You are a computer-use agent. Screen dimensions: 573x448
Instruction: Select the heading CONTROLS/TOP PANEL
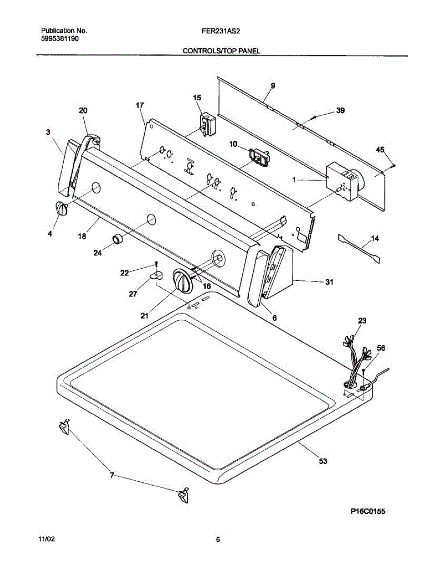[221, 51]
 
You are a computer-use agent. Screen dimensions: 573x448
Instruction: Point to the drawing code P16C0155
[367, 511]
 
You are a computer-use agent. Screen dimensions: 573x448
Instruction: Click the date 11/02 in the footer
[46, 540]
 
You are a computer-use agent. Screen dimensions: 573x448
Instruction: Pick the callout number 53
[324, 461]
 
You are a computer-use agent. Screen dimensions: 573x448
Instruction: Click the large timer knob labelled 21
[182, 280]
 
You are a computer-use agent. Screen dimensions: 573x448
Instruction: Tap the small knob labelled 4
[60, 209]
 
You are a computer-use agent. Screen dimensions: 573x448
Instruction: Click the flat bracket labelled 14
[360, 248]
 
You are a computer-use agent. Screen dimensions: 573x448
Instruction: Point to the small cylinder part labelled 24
[118, 239]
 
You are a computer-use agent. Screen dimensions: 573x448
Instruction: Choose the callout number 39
[340, 111]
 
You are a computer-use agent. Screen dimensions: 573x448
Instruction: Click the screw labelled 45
[393, 165]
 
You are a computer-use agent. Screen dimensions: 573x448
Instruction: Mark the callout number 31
[329, 282]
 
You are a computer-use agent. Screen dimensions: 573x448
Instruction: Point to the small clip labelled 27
[155, 276]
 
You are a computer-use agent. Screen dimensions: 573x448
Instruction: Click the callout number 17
[140, 105]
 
